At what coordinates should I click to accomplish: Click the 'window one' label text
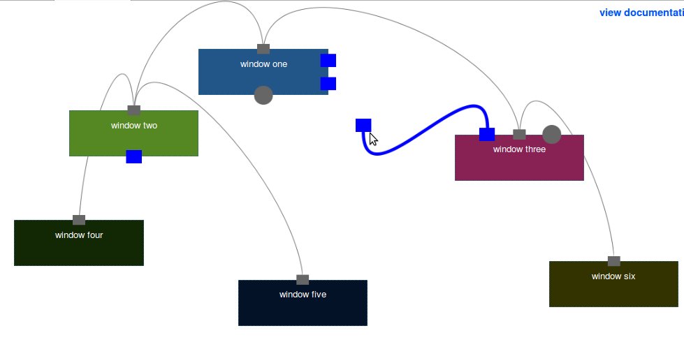pyautogui.click(x=263, y=64)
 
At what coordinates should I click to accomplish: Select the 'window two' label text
pyautogui.click(x=133, y=126)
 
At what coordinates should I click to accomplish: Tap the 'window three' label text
pyautogui.click(x=519, y=149)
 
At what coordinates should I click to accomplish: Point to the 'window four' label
pyautogui.click(x=79, y=235)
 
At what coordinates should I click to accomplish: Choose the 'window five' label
pyautogui.click(x=303, y=295)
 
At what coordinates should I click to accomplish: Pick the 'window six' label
pyautogui.click(x=613, y=276)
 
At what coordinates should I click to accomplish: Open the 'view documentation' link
pyautogui.click(x=641, y=13)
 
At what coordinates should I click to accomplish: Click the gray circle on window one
pyautogui.click(x=263, y=95)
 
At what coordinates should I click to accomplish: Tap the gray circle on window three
pyautogui.click(x=552, y=134)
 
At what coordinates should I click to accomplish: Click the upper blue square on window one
pyautogui.click(x=328, y=61)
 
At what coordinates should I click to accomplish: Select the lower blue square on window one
pyautogui.click(x=328, y=84)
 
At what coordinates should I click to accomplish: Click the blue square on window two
pyautogui.click(x=134, y=156)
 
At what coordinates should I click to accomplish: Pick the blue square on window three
pyautogui.click(x=487, y=134)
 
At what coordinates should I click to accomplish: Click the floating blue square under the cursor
pyautogui.click(x=363, y=125)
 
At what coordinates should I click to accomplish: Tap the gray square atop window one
pyautogui.click(x=263, y=49)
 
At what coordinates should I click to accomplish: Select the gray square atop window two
pyautogui.click(x=134, y=110)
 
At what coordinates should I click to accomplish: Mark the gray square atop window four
pyautogui.click(x=79, y=220)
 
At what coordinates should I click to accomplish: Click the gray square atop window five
pyautogui.click(x=303, y=280)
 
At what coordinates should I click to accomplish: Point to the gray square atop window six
pyautogui.click(x=614, y=261)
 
